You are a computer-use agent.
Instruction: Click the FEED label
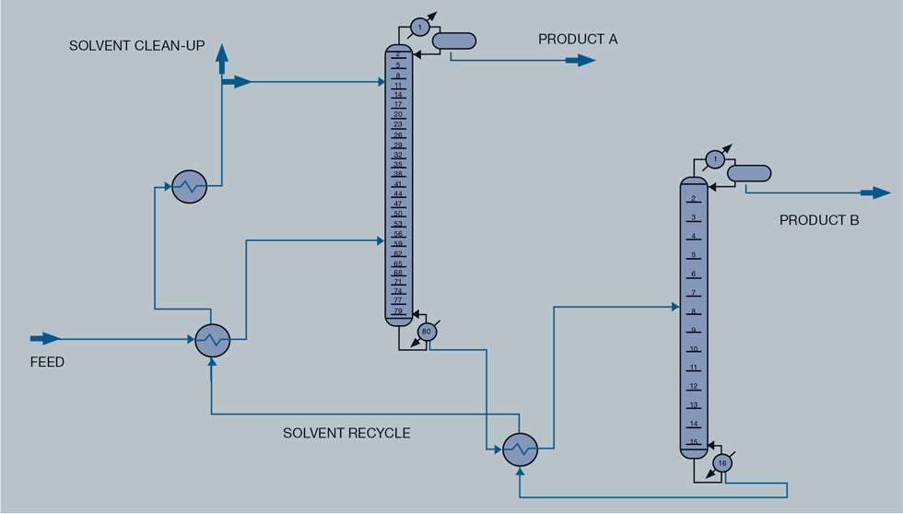[47, 362]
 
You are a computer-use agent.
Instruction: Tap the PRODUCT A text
[578, 39]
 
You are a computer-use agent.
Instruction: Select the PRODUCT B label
[819, 220]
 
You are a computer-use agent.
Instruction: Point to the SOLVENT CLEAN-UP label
[136, 46]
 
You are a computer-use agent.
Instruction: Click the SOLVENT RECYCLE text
[346, 433]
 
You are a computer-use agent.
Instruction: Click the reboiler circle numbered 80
[426, 332]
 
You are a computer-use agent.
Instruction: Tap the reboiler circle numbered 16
[722, 463]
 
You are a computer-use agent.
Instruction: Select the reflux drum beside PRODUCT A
[454, 41]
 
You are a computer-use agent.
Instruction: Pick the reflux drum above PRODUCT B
[749, 173]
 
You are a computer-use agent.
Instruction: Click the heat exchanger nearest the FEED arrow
[213, 341]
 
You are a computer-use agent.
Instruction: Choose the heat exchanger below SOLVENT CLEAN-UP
[190, 187]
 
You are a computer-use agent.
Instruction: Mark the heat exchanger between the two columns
[521, 450]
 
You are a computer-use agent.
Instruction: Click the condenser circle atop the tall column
[419, 28]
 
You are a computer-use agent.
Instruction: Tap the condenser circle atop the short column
[715, 160]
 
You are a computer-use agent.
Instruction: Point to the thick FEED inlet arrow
[45, 339]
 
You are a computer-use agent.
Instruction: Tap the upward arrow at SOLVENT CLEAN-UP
[222, 60]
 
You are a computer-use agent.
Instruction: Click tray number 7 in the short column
[694, 293]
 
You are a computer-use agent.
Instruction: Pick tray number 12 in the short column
[694, 387]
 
